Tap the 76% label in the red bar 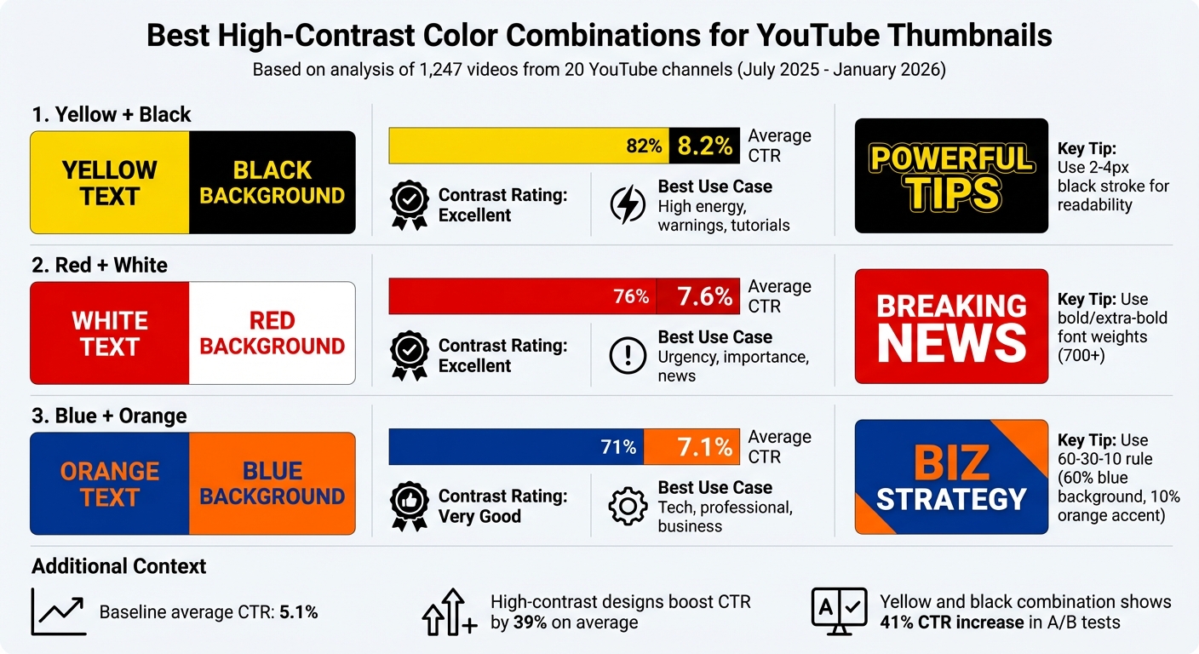coord(631,296)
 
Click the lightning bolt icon coord(628,205)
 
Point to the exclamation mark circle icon coord(628,356)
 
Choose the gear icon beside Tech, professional coord(628,506)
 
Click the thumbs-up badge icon coord(409,506)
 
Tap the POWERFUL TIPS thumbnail coord(951,176)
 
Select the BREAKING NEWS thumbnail coord(951,327)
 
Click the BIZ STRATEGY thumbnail coord(951,477)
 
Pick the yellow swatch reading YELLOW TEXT coord(110,183)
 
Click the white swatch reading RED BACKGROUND coord(272,334)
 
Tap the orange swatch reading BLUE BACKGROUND coord(272,484)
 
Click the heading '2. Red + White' coord(100,266)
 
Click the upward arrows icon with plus coord(449,611)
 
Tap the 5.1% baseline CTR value coord(299,612)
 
